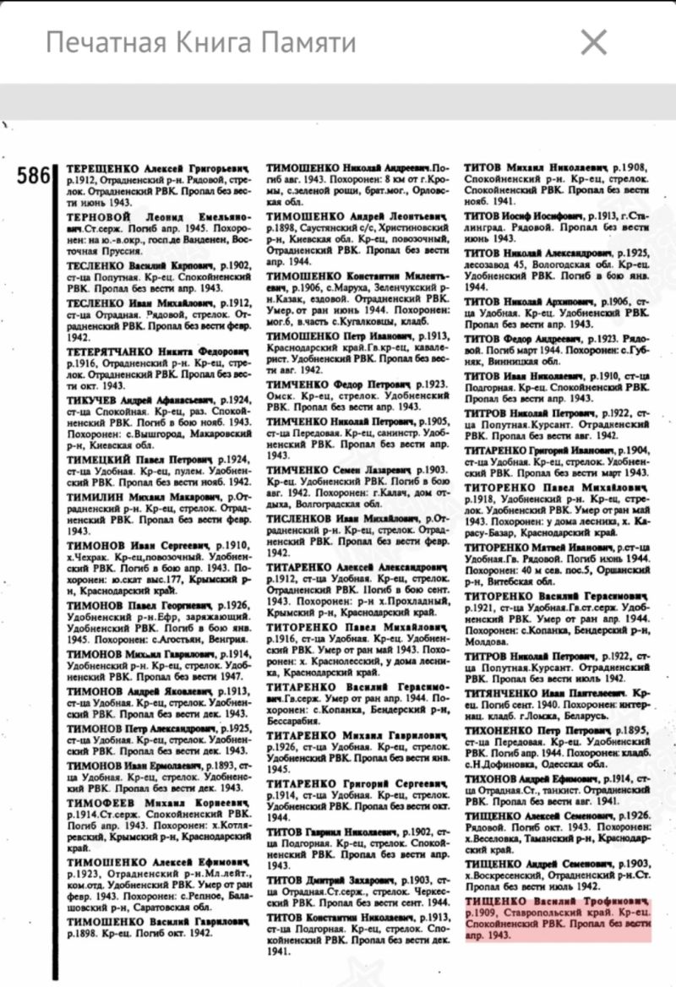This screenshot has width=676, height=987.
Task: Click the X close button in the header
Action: [x=595, y=41]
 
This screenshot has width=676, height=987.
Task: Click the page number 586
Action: [x=35, y=176]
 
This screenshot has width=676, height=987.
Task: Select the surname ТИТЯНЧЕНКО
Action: [x=507, y=692]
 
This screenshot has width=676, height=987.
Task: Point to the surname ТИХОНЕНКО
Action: [x=505, y=728]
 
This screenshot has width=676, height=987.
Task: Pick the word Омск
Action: [x=280, y=395]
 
